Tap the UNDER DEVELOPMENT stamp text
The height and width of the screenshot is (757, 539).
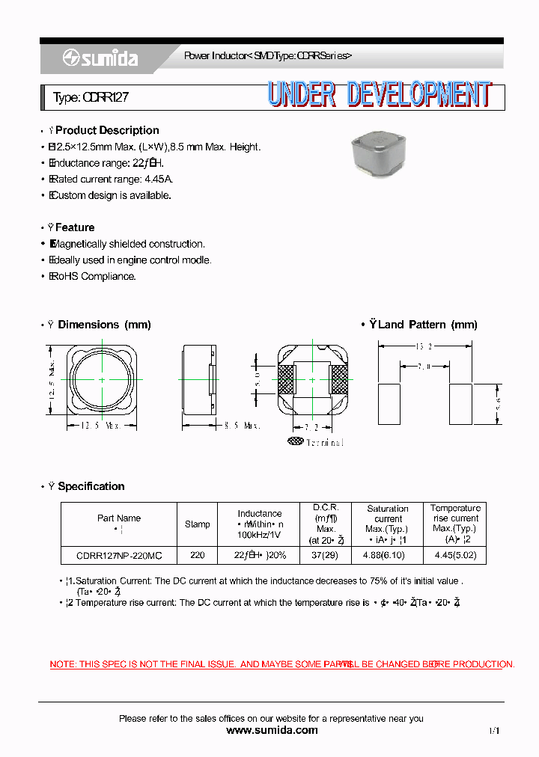click(x=380, y=96)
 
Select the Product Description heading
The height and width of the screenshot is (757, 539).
click(x=107, y=130)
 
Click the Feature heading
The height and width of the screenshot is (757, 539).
click(x=75, y=227)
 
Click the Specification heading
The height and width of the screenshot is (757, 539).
click(x=91, y=486)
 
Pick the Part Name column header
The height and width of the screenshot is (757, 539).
click(x=119, y=518)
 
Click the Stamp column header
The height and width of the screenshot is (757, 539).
click(x=198, y=524)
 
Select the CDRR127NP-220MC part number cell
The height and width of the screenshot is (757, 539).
click(x=119, y=556)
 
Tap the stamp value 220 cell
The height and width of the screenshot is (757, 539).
click(x=198, y=556)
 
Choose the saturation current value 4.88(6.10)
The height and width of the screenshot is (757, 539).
click(x=388, y=556)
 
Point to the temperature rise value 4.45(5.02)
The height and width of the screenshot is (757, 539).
click(x=454, y=556)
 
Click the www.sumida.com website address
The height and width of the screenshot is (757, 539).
click(x=272, y=730)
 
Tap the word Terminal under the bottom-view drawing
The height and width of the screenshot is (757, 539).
click(x=325, y=443)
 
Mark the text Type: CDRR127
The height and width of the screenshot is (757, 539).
click(x=85, y=97)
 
